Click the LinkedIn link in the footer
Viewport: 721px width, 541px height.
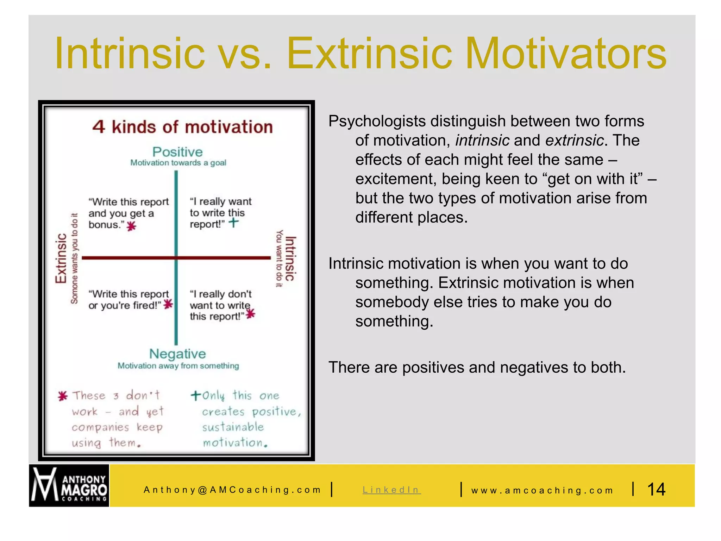point(391,490)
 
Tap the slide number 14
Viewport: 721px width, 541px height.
point(656,489)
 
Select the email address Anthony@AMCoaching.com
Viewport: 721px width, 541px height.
point(232,490)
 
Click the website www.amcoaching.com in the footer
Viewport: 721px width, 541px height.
point(542,490)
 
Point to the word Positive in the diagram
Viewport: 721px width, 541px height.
point(177,152)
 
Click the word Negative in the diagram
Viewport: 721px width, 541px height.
point(177,354)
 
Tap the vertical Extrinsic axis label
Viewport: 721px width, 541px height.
point(61,258)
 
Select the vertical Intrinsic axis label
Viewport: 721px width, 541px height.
point(290,259)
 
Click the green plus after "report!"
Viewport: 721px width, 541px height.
point(233,222)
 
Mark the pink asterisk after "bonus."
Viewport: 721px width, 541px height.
point(131,226)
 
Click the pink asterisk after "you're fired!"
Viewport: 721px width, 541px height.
point(168,304)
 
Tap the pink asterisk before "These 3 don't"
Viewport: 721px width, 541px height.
point(63,396)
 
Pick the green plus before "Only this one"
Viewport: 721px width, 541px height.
point(196,395)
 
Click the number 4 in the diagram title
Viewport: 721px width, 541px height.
point(99,127)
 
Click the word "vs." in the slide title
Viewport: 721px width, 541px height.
point(244,54)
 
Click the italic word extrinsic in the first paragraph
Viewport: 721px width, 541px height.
point(575,140)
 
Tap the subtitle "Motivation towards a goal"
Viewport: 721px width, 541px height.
point(178,163)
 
